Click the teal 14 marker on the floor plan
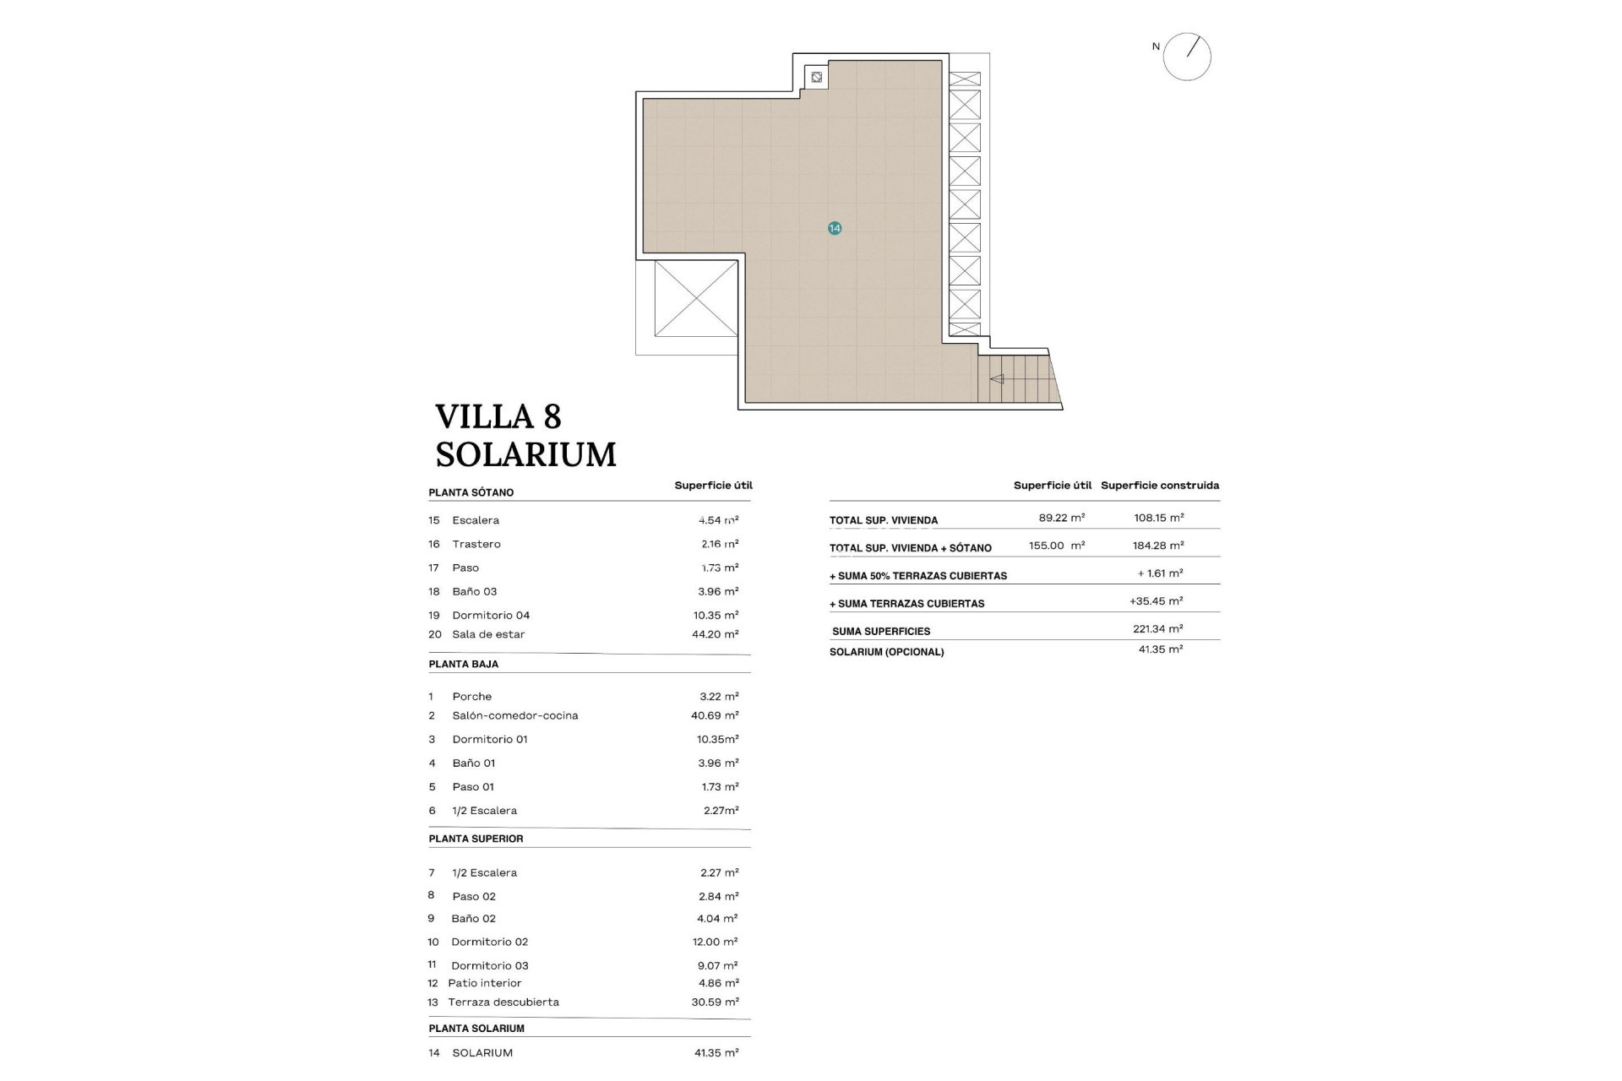pos(835,228)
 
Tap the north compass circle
pos(1187,57)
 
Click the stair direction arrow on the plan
pos(997,379)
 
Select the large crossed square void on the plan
pos(696,298)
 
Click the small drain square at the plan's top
pos(816,78)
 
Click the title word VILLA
pos(486,417)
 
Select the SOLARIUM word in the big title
pos(525,455)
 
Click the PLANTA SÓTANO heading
pos(471,492)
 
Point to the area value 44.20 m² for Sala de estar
pos(715,634)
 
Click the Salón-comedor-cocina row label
pos(514,715)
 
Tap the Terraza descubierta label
pos(503,1002)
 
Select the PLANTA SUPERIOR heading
pos(476,839)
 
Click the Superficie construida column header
pos(1159,486)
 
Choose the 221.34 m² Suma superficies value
pos(1157,629)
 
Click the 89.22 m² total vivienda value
pos(1061,518)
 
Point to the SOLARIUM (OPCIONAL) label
pos(886,652)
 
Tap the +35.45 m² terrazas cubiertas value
pos(1156,601)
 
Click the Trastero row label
pos(476,544)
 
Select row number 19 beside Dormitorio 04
pos(434,616)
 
